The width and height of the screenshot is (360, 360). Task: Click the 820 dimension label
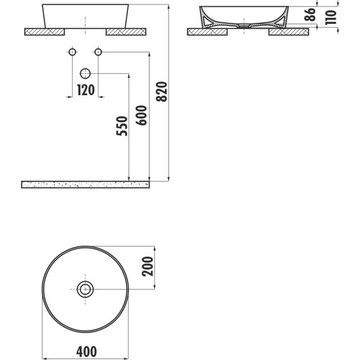pyautogui.click(x=162, y=92)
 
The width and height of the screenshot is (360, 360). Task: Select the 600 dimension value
pyautogui.click(x=141, y=116)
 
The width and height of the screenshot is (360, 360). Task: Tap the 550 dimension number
pyautogui.click(x=122, y=126)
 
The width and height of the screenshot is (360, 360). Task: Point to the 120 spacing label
pyautogui.click(x=86, y=90)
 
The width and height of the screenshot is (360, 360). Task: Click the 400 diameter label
pyautogui.click(x=87, y=352)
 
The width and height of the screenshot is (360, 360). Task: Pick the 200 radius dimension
pyautogui.click(x=147, y=267)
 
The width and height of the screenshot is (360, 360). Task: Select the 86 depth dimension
pyautogui.click(x=310, y=15)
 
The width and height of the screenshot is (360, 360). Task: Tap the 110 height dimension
pyautogui.click(x=331, y=17)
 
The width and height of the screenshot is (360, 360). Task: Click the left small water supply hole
pyautogui.click(x=73, y=52)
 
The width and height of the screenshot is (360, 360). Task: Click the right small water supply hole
pyautogui.click(x=99, y=52)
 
